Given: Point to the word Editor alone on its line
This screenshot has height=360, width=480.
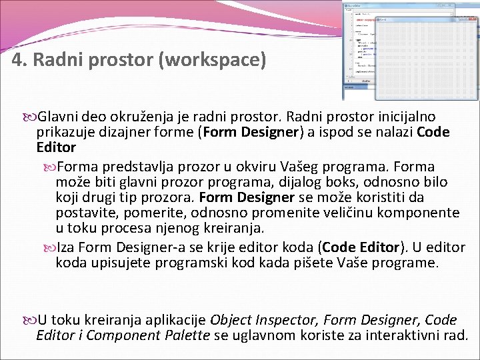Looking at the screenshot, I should click(57, 147).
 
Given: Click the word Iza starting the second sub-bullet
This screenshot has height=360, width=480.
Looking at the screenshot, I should click(66, 247).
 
